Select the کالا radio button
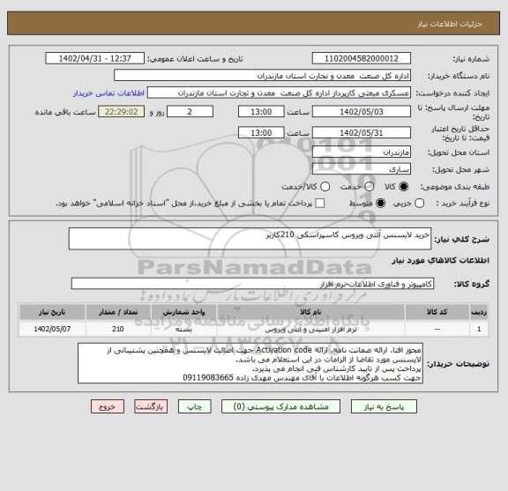405,187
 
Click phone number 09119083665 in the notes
204,377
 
